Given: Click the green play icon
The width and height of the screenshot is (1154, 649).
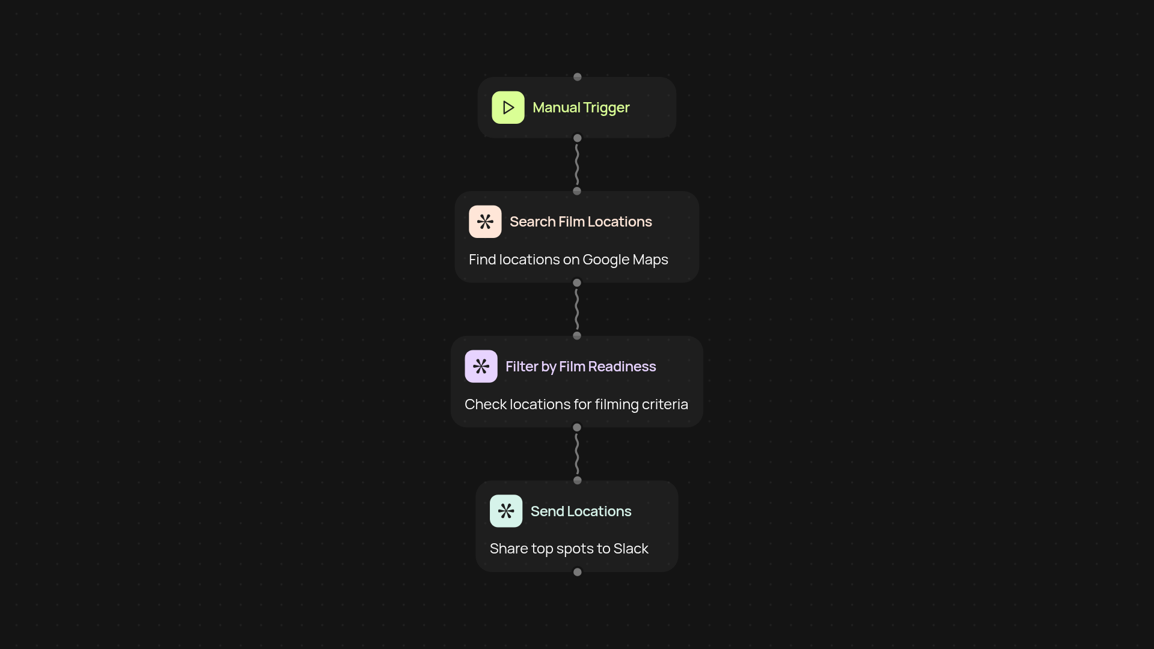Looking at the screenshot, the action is click(508, 108).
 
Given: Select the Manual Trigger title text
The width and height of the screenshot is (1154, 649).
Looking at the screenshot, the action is click(581, 108).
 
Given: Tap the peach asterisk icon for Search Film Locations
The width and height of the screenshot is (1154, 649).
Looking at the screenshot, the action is click(485, 222).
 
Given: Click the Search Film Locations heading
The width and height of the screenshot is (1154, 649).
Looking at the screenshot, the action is click(581, 222).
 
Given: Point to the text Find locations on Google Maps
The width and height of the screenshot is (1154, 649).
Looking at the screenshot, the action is click(568, 260).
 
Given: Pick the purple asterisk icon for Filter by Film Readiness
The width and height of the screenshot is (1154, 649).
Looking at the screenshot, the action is click(481, 367).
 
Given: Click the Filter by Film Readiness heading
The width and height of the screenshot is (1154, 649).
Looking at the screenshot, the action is click(581, 367).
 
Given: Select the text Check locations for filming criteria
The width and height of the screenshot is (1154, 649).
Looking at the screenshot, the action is click(576, 404).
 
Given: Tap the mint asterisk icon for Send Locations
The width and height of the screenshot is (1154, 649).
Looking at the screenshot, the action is click(506, 511).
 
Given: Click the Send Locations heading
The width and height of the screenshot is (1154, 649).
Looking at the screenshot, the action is click(581, 511).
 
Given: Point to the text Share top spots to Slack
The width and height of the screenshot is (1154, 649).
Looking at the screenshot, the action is click(569, 549).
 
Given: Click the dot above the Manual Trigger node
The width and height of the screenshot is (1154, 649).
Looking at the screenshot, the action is click(578, 77).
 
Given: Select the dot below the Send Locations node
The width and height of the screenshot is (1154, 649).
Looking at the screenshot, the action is click(578, 572).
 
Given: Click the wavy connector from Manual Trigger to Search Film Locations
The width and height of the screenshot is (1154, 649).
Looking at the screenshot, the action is click(577, 165).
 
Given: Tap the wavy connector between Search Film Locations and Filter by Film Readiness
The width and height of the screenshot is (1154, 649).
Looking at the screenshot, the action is click(577, 309).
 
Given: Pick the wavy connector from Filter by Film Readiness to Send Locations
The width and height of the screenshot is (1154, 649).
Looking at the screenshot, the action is click(577, 454).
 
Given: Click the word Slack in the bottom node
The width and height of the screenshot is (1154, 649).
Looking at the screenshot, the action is click(631, 549).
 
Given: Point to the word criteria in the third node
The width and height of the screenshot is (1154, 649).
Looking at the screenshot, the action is click(665, 404).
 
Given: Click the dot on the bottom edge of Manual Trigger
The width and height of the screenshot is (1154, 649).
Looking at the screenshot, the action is click(578, 138).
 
